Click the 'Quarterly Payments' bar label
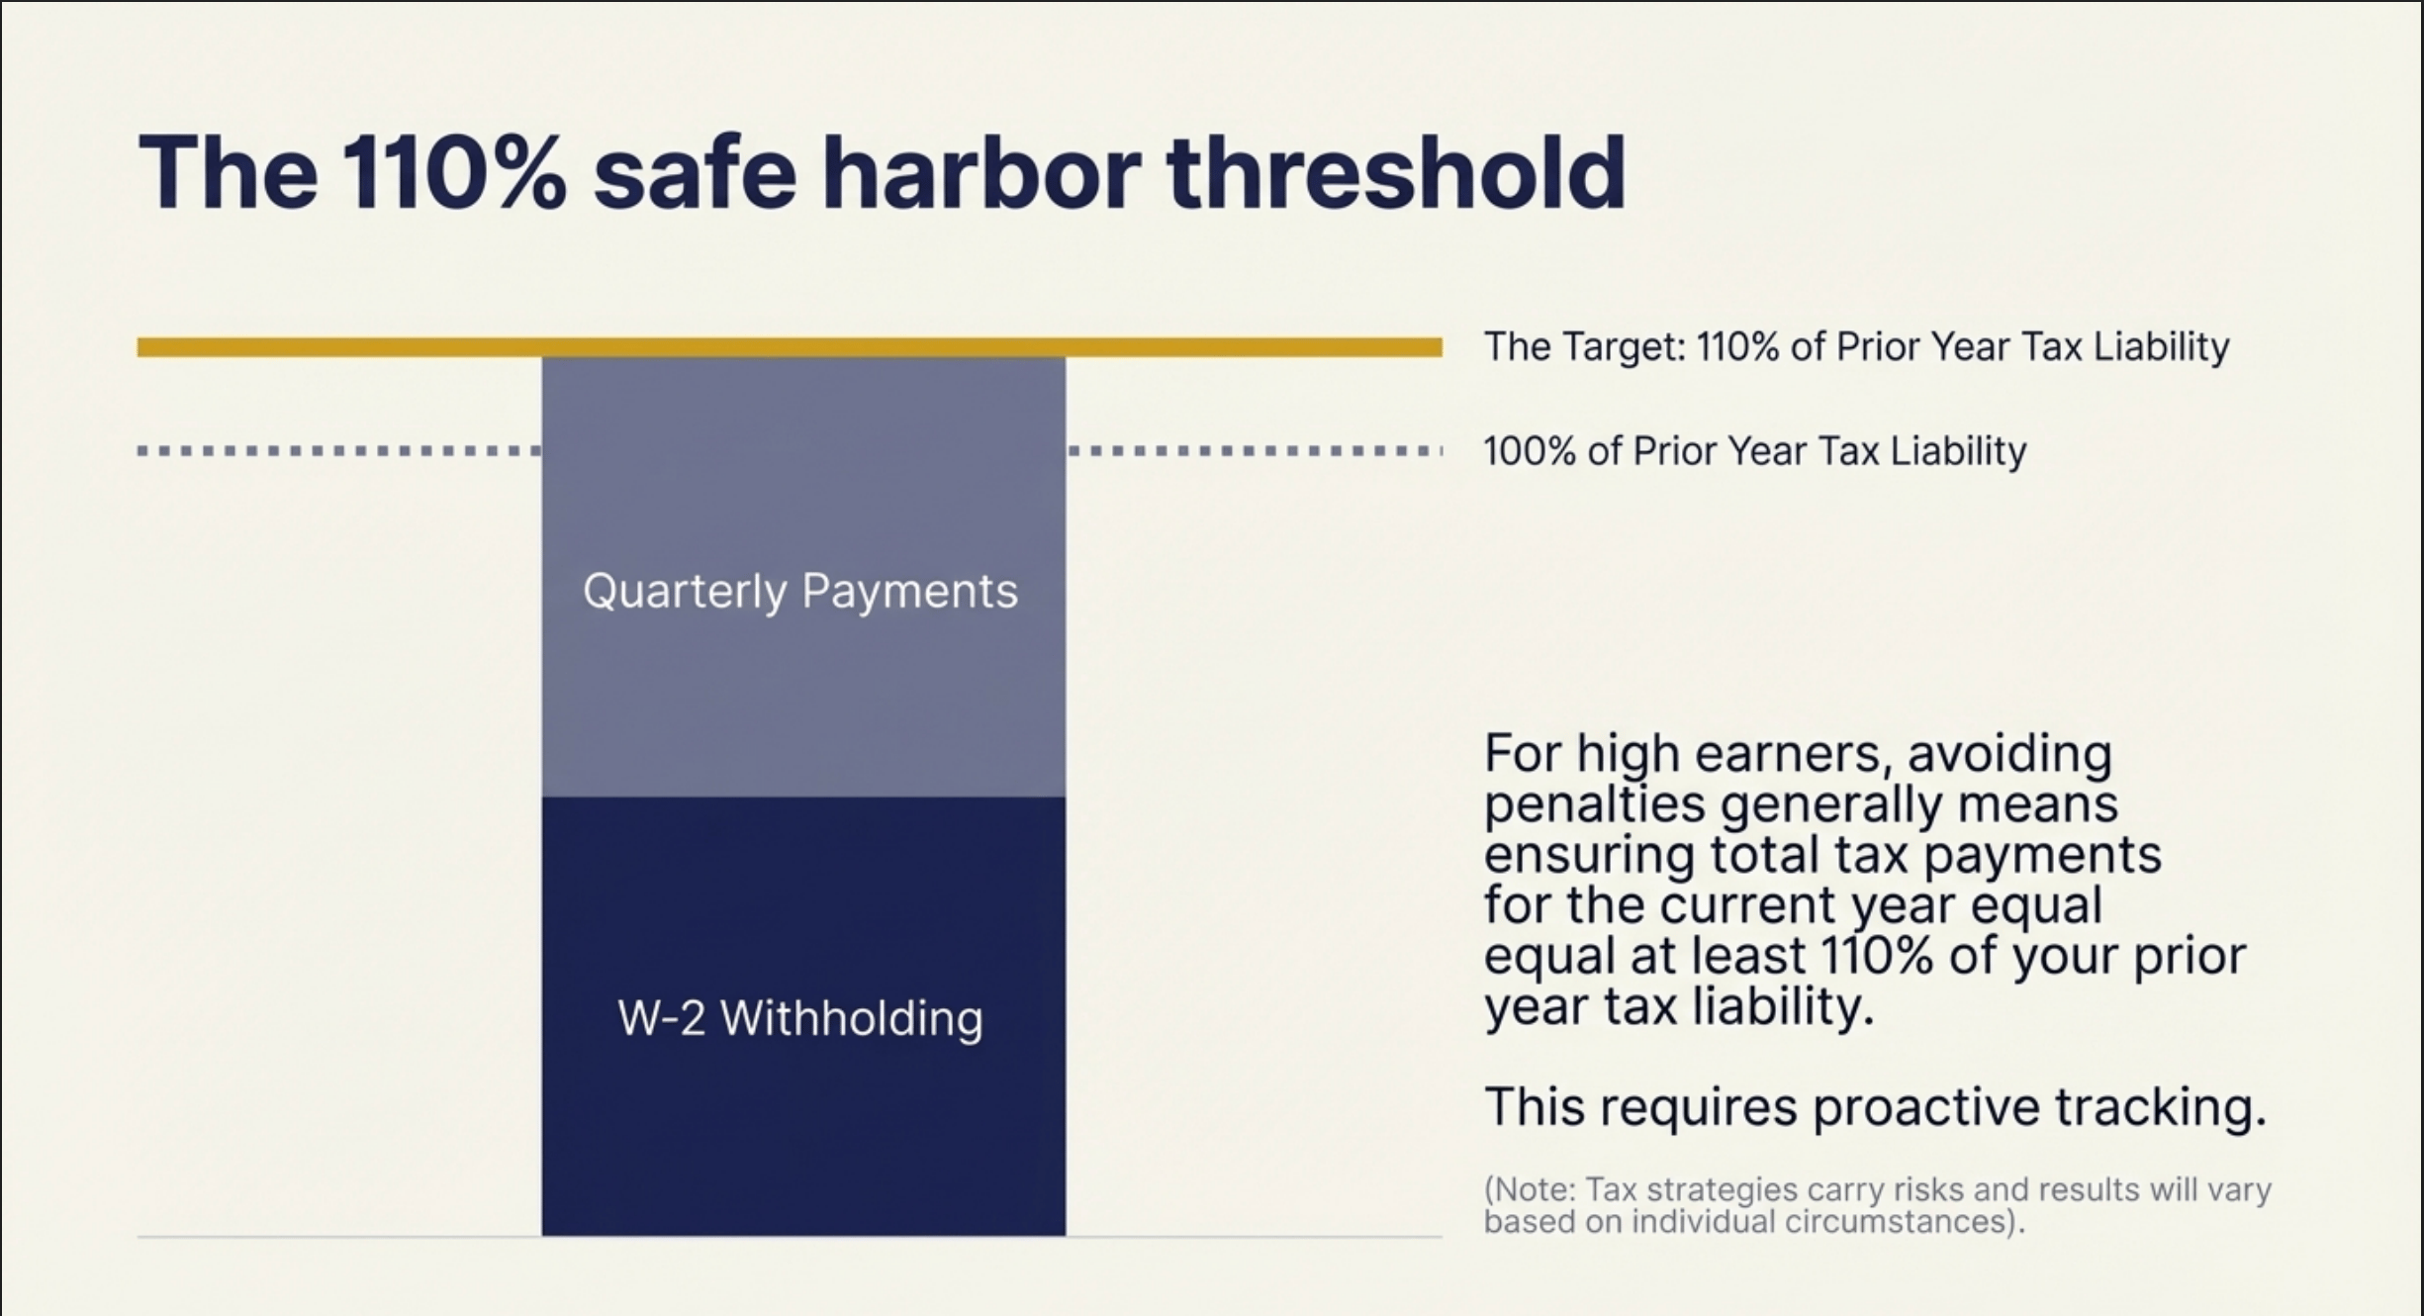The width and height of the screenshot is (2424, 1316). tap(799, 592)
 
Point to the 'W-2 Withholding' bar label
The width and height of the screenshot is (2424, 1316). tap(799, 1018)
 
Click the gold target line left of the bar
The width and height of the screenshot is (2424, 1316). tap(336, 347)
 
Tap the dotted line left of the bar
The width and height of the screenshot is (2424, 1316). tap(336, 451)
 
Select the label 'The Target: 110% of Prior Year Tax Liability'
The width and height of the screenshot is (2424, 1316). tap(1856, 347)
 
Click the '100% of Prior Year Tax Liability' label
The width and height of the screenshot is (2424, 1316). tap(1755, 451)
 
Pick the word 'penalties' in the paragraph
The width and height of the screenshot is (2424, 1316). tap(1594, 804)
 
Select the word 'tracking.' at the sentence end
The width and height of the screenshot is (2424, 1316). tap(2161, 1107)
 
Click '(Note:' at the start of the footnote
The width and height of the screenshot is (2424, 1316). tap(1530, 1189)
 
